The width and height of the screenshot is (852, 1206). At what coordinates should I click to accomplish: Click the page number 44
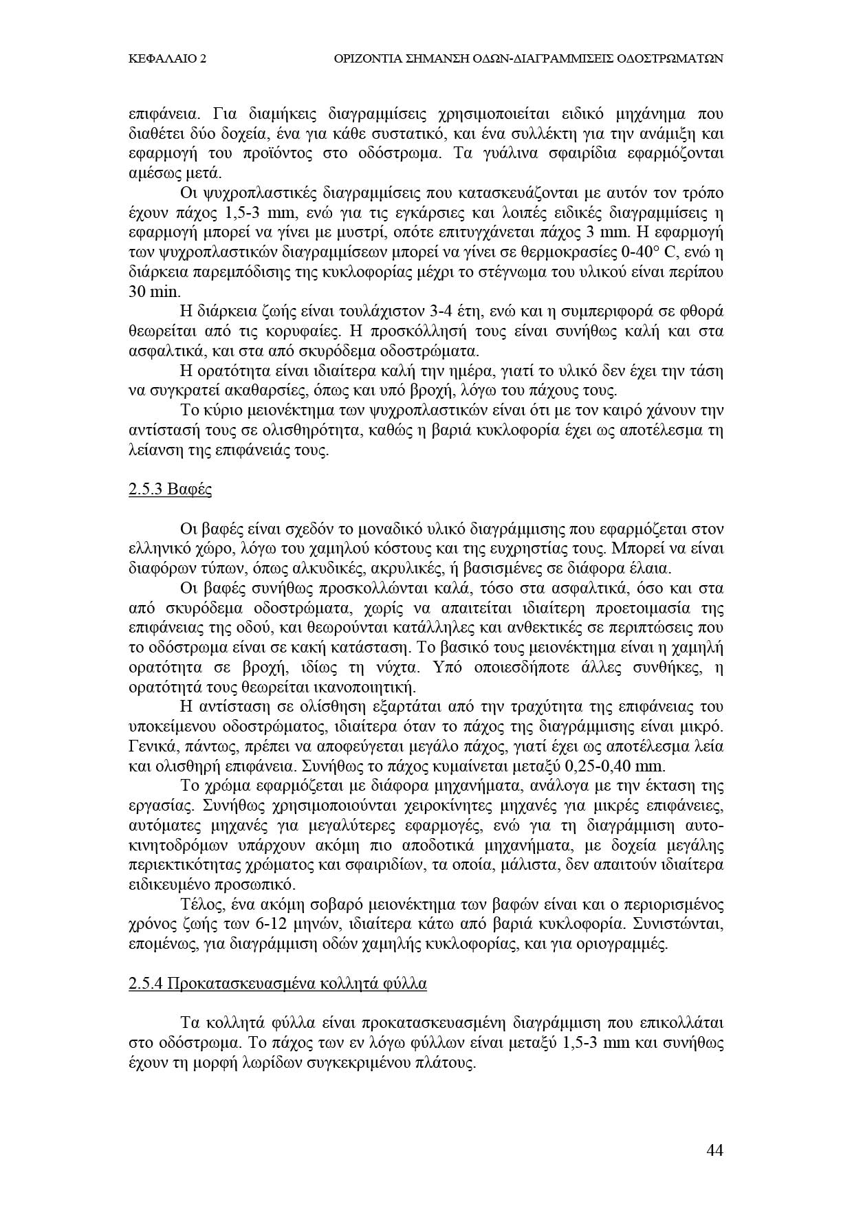pos(714,1150)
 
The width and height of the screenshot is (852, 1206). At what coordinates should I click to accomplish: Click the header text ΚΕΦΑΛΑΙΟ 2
pos(167,60)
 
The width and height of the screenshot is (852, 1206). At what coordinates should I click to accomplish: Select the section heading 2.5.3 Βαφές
pos(170,491)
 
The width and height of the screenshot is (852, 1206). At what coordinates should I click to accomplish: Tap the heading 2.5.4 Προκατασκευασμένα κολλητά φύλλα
pos(277,984)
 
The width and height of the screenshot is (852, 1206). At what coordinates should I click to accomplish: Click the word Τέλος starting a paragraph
pos(199,905)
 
